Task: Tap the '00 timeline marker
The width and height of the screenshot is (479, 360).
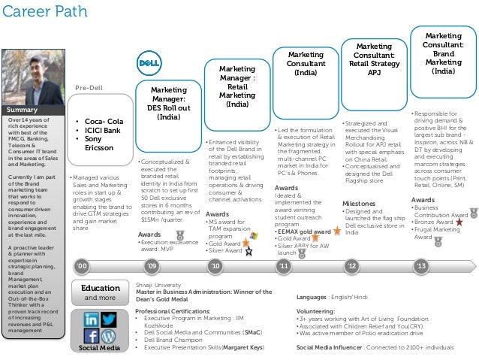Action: click(x=83, y=266)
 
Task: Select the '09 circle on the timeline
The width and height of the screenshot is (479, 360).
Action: click(x=152, y=266)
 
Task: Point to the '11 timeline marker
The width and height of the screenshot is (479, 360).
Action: click(x=284, y=266)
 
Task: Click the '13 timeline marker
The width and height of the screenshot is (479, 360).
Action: click(x=421, y=266)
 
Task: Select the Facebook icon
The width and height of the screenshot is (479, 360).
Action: click(x=90, y=336)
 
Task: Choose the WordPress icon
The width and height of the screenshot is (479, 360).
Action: click(x=109, y=336)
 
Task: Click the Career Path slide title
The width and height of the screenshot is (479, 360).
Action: click(x=39, y=11)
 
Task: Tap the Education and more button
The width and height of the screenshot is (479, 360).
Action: click(x=100, y=292)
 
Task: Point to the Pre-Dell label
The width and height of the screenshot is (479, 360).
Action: click(x=89, y=88)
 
